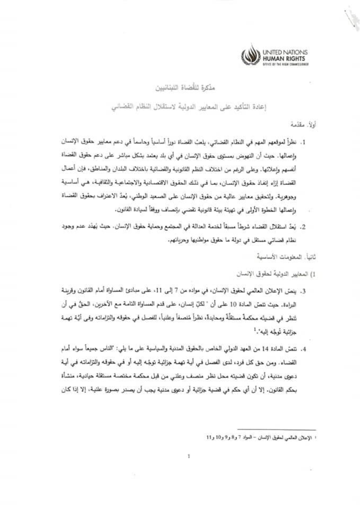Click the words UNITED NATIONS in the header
pyautogui.click(x=285, y=53)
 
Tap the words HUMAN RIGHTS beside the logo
pyautogui.click(x=283, y=59)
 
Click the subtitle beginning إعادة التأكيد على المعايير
pyautogui.click(x=189, y=107)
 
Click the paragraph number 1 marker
pyautogui.click(x=303, y=143)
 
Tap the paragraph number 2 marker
pyautogui.click(x=303, y=227)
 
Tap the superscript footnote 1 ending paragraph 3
pyautogui.click(x=255, y=329)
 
